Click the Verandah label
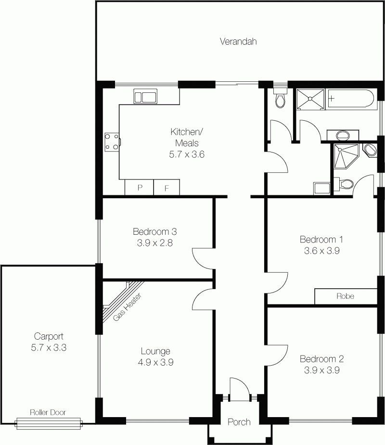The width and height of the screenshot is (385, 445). click(238, 41)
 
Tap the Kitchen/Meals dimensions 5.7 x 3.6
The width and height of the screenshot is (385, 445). click(187, 154)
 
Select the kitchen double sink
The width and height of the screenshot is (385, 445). click(145, 96)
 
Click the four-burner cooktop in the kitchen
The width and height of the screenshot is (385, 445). click(112, 142)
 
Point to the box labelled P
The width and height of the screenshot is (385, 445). click(140, 187)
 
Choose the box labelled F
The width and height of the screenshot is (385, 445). click(167, 187)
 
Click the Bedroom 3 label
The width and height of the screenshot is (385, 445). click(155, 231)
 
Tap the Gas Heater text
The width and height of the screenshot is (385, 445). click(127, 307)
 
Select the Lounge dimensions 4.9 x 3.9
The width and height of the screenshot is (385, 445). click(155, 362)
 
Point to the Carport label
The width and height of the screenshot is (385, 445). click(49, 336)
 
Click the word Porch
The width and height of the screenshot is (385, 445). click(239, 422)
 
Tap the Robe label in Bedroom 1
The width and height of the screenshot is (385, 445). click(345, 296)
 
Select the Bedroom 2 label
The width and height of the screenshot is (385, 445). click(321, 359)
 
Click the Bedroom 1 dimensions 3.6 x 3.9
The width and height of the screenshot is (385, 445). click(321, 251)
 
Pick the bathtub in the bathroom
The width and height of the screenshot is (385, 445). click(350, 99)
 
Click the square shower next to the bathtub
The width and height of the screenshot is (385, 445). click(310, 99)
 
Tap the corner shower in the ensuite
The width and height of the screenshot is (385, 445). click(346, 156)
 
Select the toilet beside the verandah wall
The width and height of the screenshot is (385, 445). click(280, 98)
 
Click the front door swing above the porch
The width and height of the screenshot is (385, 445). click(240, 389)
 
